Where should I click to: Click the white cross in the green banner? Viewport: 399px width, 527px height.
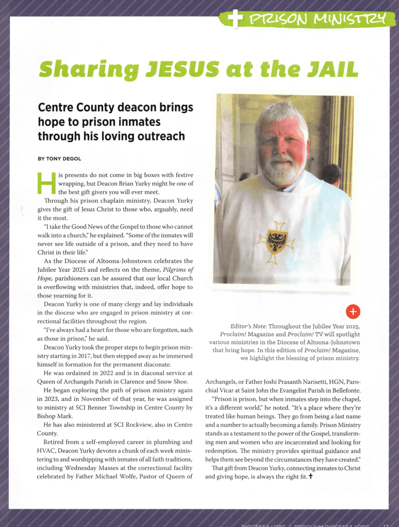coord(235,20)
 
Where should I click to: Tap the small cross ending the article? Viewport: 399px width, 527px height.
coord(311,477)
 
